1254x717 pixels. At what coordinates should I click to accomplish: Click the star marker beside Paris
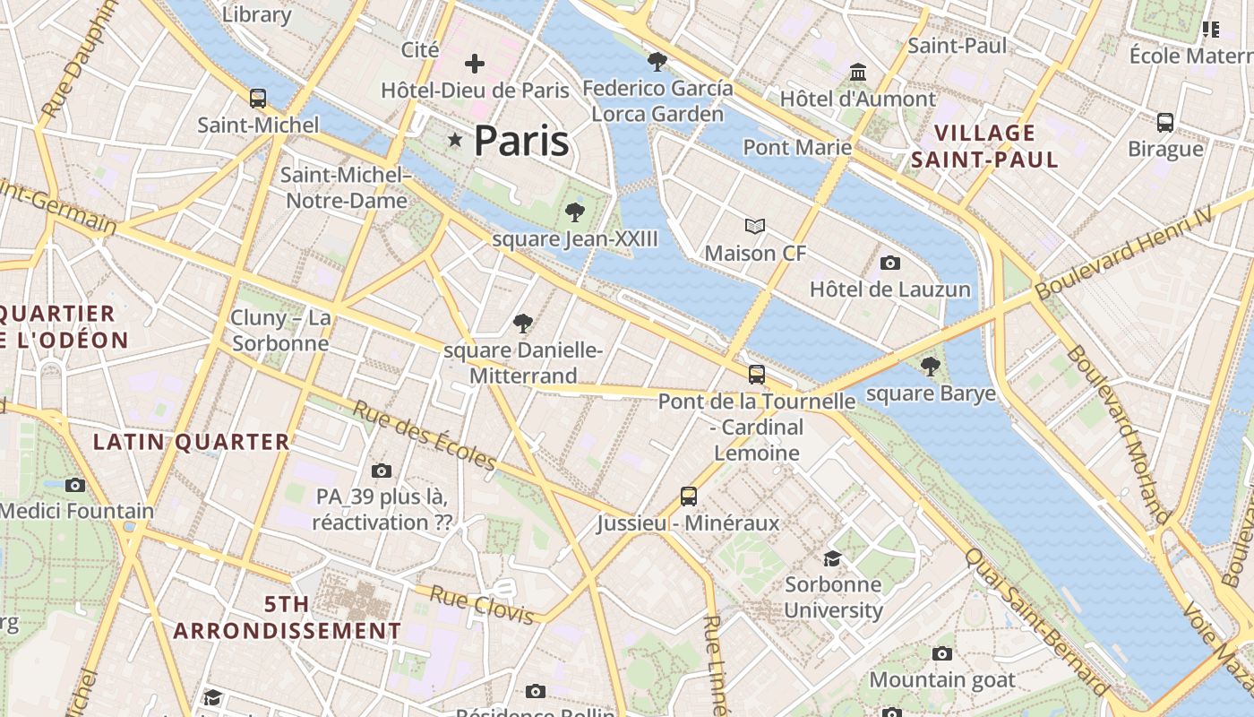click(x=455, y=140)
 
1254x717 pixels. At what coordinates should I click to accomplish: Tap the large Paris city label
click(x=521, y=141)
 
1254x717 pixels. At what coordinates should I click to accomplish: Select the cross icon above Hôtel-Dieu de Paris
click(x=475, y=64)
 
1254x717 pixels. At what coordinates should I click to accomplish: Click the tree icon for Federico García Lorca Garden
click(x=657, y=62)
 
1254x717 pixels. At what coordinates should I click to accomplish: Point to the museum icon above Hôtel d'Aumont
click(x=858, y=72)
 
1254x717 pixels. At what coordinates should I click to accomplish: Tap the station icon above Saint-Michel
click(x=258, y=98)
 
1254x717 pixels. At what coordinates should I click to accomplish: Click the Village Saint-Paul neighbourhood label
click(x=984, y=147)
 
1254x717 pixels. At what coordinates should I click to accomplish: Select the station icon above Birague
click(x=1165, y=122)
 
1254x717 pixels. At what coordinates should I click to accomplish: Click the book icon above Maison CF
click(x=756, y=227)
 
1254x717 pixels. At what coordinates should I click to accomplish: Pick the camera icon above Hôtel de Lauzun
click(x=889, y=263)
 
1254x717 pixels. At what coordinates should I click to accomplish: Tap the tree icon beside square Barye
click(x=931, y=366)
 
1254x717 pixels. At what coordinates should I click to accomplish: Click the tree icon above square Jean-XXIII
click(x=575, y=212)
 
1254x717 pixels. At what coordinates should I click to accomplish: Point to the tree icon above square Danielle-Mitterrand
click(x=523, y=324)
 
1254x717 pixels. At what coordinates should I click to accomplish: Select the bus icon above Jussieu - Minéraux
click(x=688, y=496)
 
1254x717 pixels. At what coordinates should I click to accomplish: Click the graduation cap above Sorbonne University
click(x=833, y=558)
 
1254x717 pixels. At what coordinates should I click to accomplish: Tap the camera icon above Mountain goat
click(x=942, y=653)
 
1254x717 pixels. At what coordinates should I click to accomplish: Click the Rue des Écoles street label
click(x=425, y=435)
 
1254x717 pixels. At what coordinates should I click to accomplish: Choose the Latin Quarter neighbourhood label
click(x=192, y=442)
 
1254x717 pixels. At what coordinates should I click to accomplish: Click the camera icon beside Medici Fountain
click(x=75, y=485)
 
